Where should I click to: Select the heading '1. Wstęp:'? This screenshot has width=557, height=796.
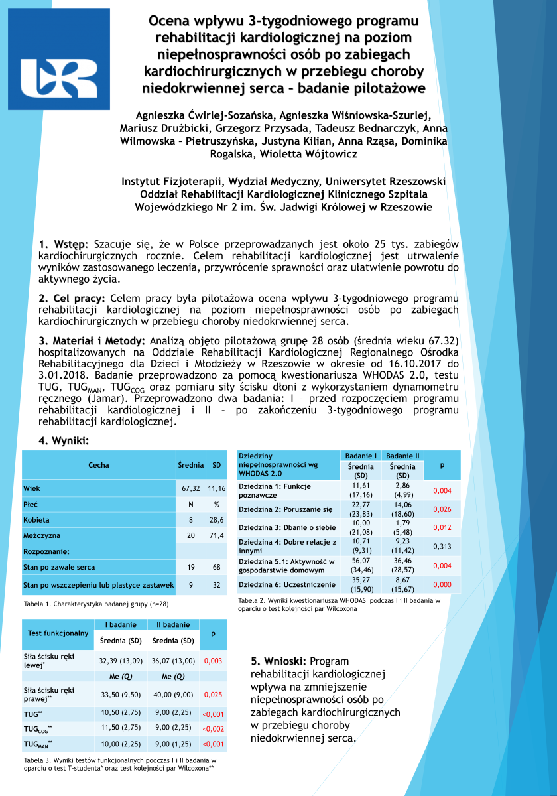tap(63, 245)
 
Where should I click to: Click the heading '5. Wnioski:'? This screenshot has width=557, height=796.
tap(278, 661)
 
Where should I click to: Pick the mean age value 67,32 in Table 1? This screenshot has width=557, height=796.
tap(191, 488)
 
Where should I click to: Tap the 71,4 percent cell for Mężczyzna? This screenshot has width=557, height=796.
tap(217, 535)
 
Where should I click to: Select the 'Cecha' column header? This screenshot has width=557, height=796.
tap(99, 465)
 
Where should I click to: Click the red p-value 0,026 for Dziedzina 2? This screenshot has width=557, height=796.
tap(442, 509)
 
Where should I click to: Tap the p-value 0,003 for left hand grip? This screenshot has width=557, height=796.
tap(213, 661)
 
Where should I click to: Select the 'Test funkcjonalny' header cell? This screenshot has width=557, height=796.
tap(58, 633)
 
